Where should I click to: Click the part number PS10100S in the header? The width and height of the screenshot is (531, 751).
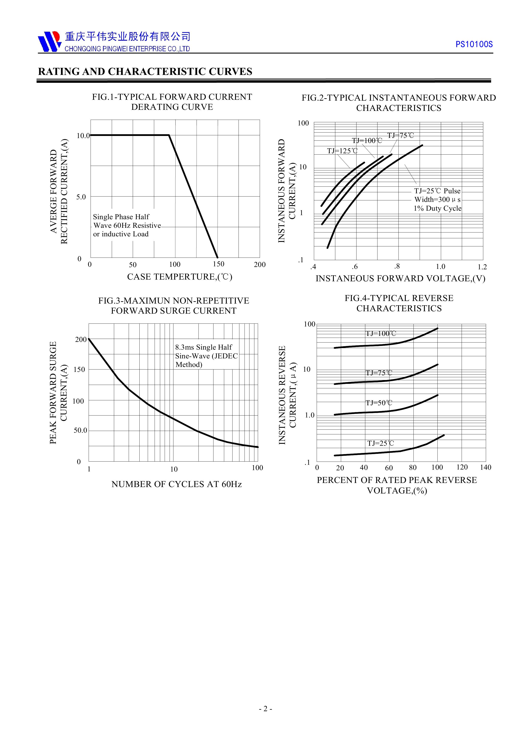[x=474, y=45]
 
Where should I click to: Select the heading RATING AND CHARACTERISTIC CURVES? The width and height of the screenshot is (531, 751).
[x=145, y=72]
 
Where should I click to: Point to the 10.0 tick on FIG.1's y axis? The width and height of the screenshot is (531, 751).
[x=83, y=136]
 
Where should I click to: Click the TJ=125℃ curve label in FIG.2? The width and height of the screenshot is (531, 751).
[x=342, y=151]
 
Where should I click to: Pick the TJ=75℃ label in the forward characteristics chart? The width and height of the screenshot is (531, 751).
[x=400, y=136]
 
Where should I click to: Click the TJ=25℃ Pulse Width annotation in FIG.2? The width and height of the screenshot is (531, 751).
[x=437, y=200]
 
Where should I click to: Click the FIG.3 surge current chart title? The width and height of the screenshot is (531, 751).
[x=174, y=305]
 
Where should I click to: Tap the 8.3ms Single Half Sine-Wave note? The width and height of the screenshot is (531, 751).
[x=206, y=356]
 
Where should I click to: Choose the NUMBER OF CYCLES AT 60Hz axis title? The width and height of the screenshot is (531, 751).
[x=176, y=484]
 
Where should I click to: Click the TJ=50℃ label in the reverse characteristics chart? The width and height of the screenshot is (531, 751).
[x=379, y=403]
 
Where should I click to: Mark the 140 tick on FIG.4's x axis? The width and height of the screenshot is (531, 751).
[x=486, y=467]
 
